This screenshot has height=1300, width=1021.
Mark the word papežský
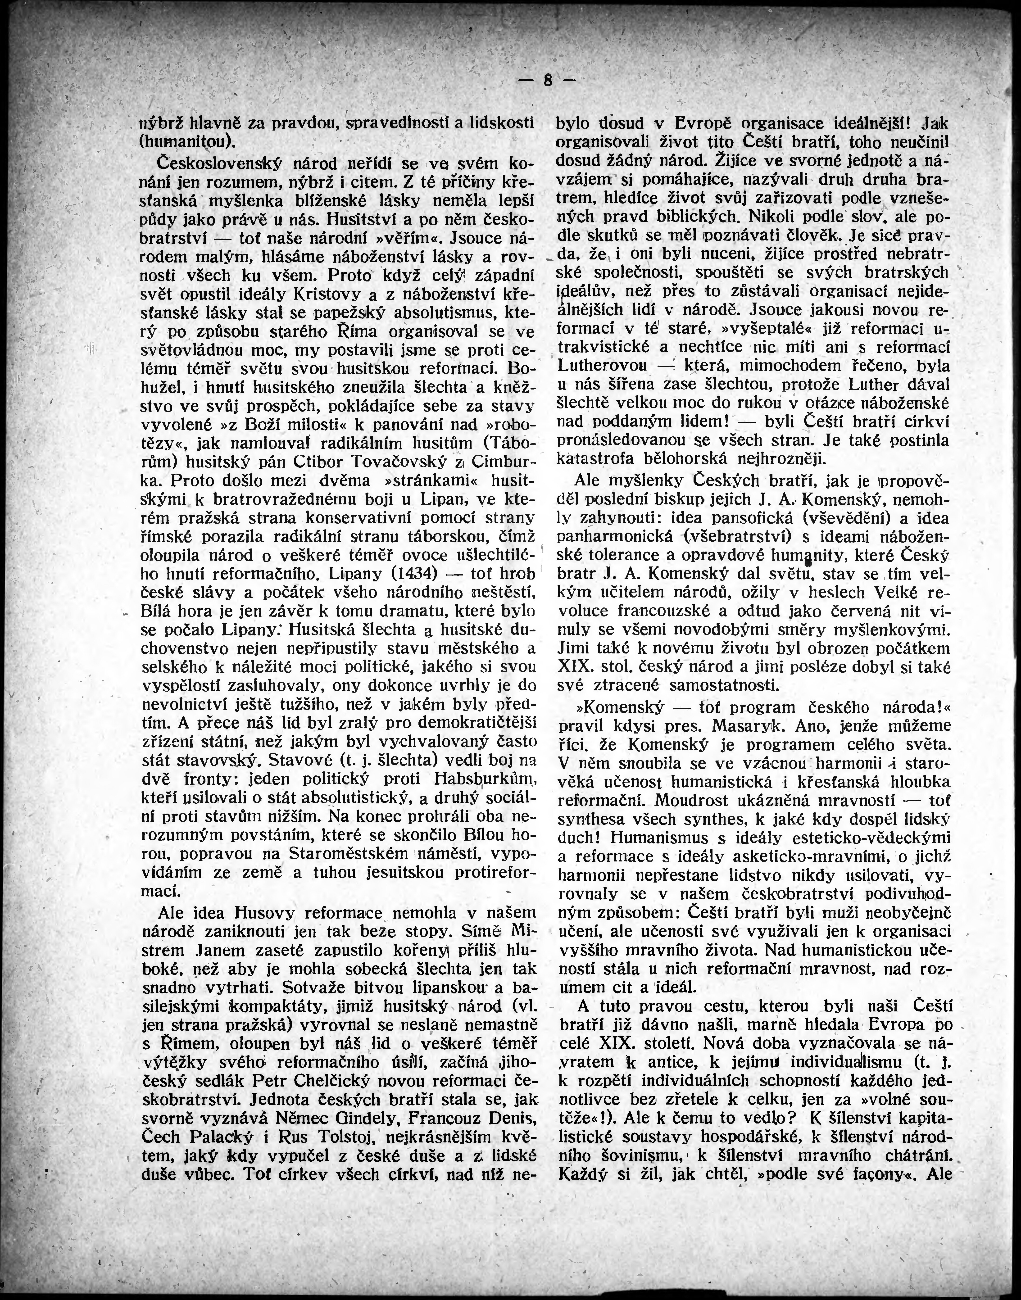(x=350, y=312)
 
